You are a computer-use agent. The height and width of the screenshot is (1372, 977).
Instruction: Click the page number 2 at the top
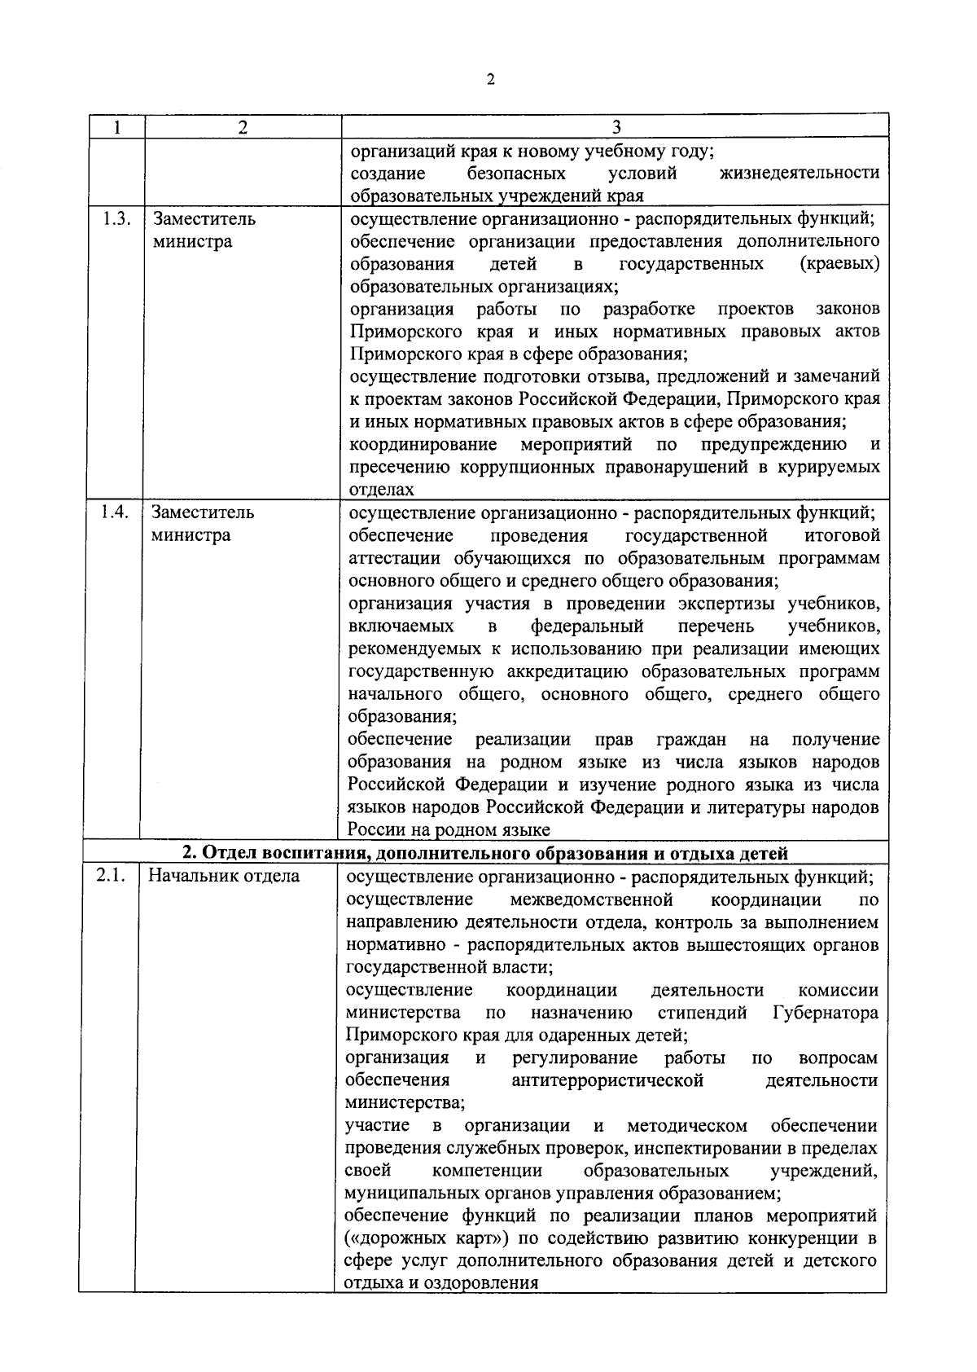pyautogui.click(x=489, y=79)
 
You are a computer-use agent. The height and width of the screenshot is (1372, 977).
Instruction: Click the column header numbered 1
pyautogui.click(x=116, y=127)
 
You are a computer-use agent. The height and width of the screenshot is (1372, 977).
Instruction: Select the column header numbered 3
pyautogui.click(x=616, y=127)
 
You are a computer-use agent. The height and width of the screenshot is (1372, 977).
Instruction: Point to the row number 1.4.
pyautogui.click(x=116, y=512)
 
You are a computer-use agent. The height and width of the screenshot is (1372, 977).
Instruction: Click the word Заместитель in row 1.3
pyautogui.click(x=204, y=219)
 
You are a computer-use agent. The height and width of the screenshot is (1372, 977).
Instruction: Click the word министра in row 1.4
pyautogui.click(x=191, y=535)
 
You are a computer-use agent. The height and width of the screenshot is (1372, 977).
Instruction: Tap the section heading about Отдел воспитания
pyautogui.click(x=484, y=853)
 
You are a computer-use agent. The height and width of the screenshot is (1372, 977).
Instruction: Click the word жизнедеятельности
pyautogui.click(x=800, y=174)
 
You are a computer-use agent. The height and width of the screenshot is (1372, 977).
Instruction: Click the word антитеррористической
pyautogui.click(x=607, y=1081)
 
